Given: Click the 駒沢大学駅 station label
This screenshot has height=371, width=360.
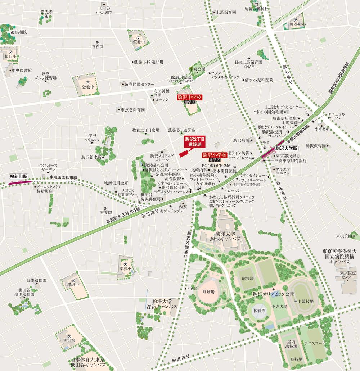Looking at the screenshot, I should coord(287,148).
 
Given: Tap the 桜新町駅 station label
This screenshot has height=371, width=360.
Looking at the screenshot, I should coord(19,177).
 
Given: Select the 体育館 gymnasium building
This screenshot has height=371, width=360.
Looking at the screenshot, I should coord(259,310).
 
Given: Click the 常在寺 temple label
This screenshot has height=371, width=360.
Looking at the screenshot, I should coord(97,46).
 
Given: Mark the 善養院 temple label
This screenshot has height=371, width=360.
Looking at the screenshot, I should coord(105,213).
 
